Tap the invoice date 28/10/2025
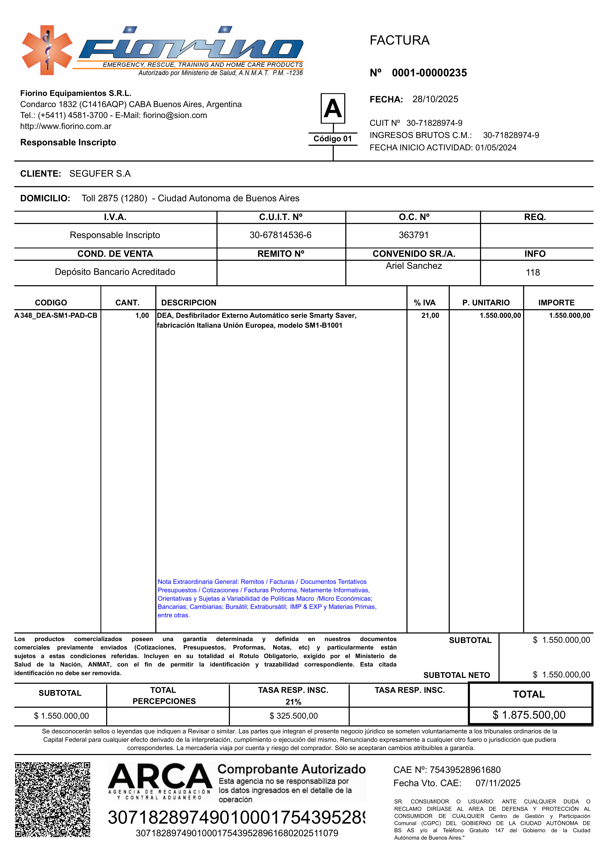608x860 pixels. tap(435, 99)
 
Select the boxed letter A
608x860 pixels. tap(333, 109)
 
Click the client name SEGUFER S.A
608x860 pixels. tap(100, 174)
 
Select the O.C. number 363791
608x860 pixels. tap(413, 235)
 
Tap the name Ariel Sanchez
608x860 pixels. tap(414, 266)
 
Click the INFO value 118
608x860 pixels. tap(533, 273)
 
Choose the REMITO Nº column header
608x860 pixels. tap(281, 254)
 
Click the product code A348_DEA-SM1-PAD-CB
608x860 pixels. tap(56, 316)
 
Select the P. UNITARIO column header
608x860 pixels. tap(486, 303)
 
